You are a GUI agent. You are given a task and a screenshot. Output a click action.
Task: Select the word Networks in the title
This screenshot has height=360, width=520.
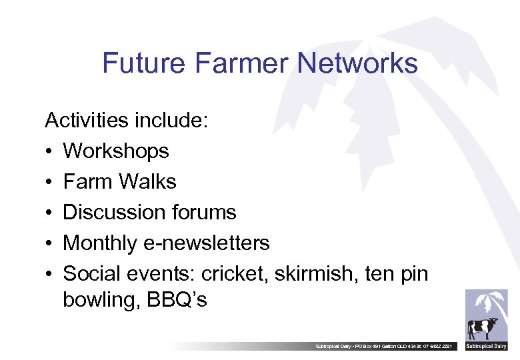[x=358, y=64]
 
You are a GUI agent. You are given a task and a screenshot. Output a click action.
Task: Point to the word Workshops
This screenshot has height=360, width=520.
[x=116, y=151]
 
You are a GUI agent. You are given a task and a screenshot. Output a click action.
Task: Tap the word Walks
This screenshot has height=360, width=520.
[x=148, y=181]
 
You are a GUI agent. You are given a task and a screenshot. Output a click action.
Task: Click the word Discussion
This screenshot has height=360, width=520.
[x=112, y=212]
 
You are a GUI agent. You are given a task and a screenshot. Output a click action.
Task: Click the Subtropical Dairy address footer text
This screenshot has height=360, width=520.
[x=386, y=347]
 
